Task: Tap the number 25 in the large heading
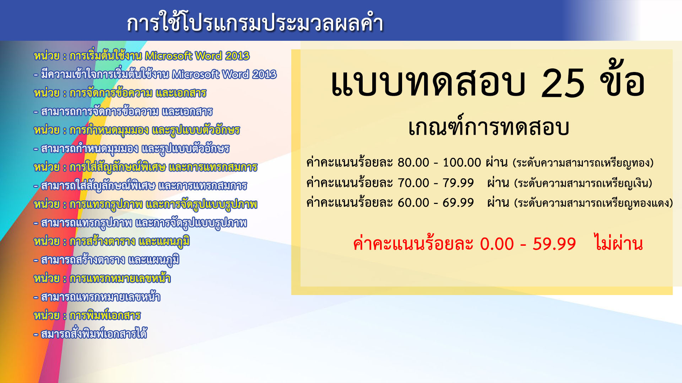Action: pyautogui.click(x=563, y=83)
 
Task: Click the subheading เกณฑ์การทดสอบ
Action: pyautogui.click(x=488, y=127)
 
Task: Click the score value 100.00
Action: pyautogui.click(x=462, y=162)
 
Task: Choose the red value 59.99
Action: pyautogui.click(x=554, y=244)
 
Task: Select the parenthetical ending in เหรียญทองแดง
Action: pyautogui.click(x=594, y=203)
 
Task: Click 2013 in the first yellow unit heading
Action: pyautogui.click(x=237, y=56)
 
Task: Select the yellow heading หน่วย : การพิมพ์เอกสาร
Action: pyautogui.click(x=87, y=315)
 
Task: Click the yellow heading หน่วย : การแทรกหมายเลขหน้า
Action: pyautogui.click(x=102, y=278)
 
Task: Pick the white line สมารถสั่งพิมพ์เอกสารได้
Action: pyautogui.click(x=90, y=334)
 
